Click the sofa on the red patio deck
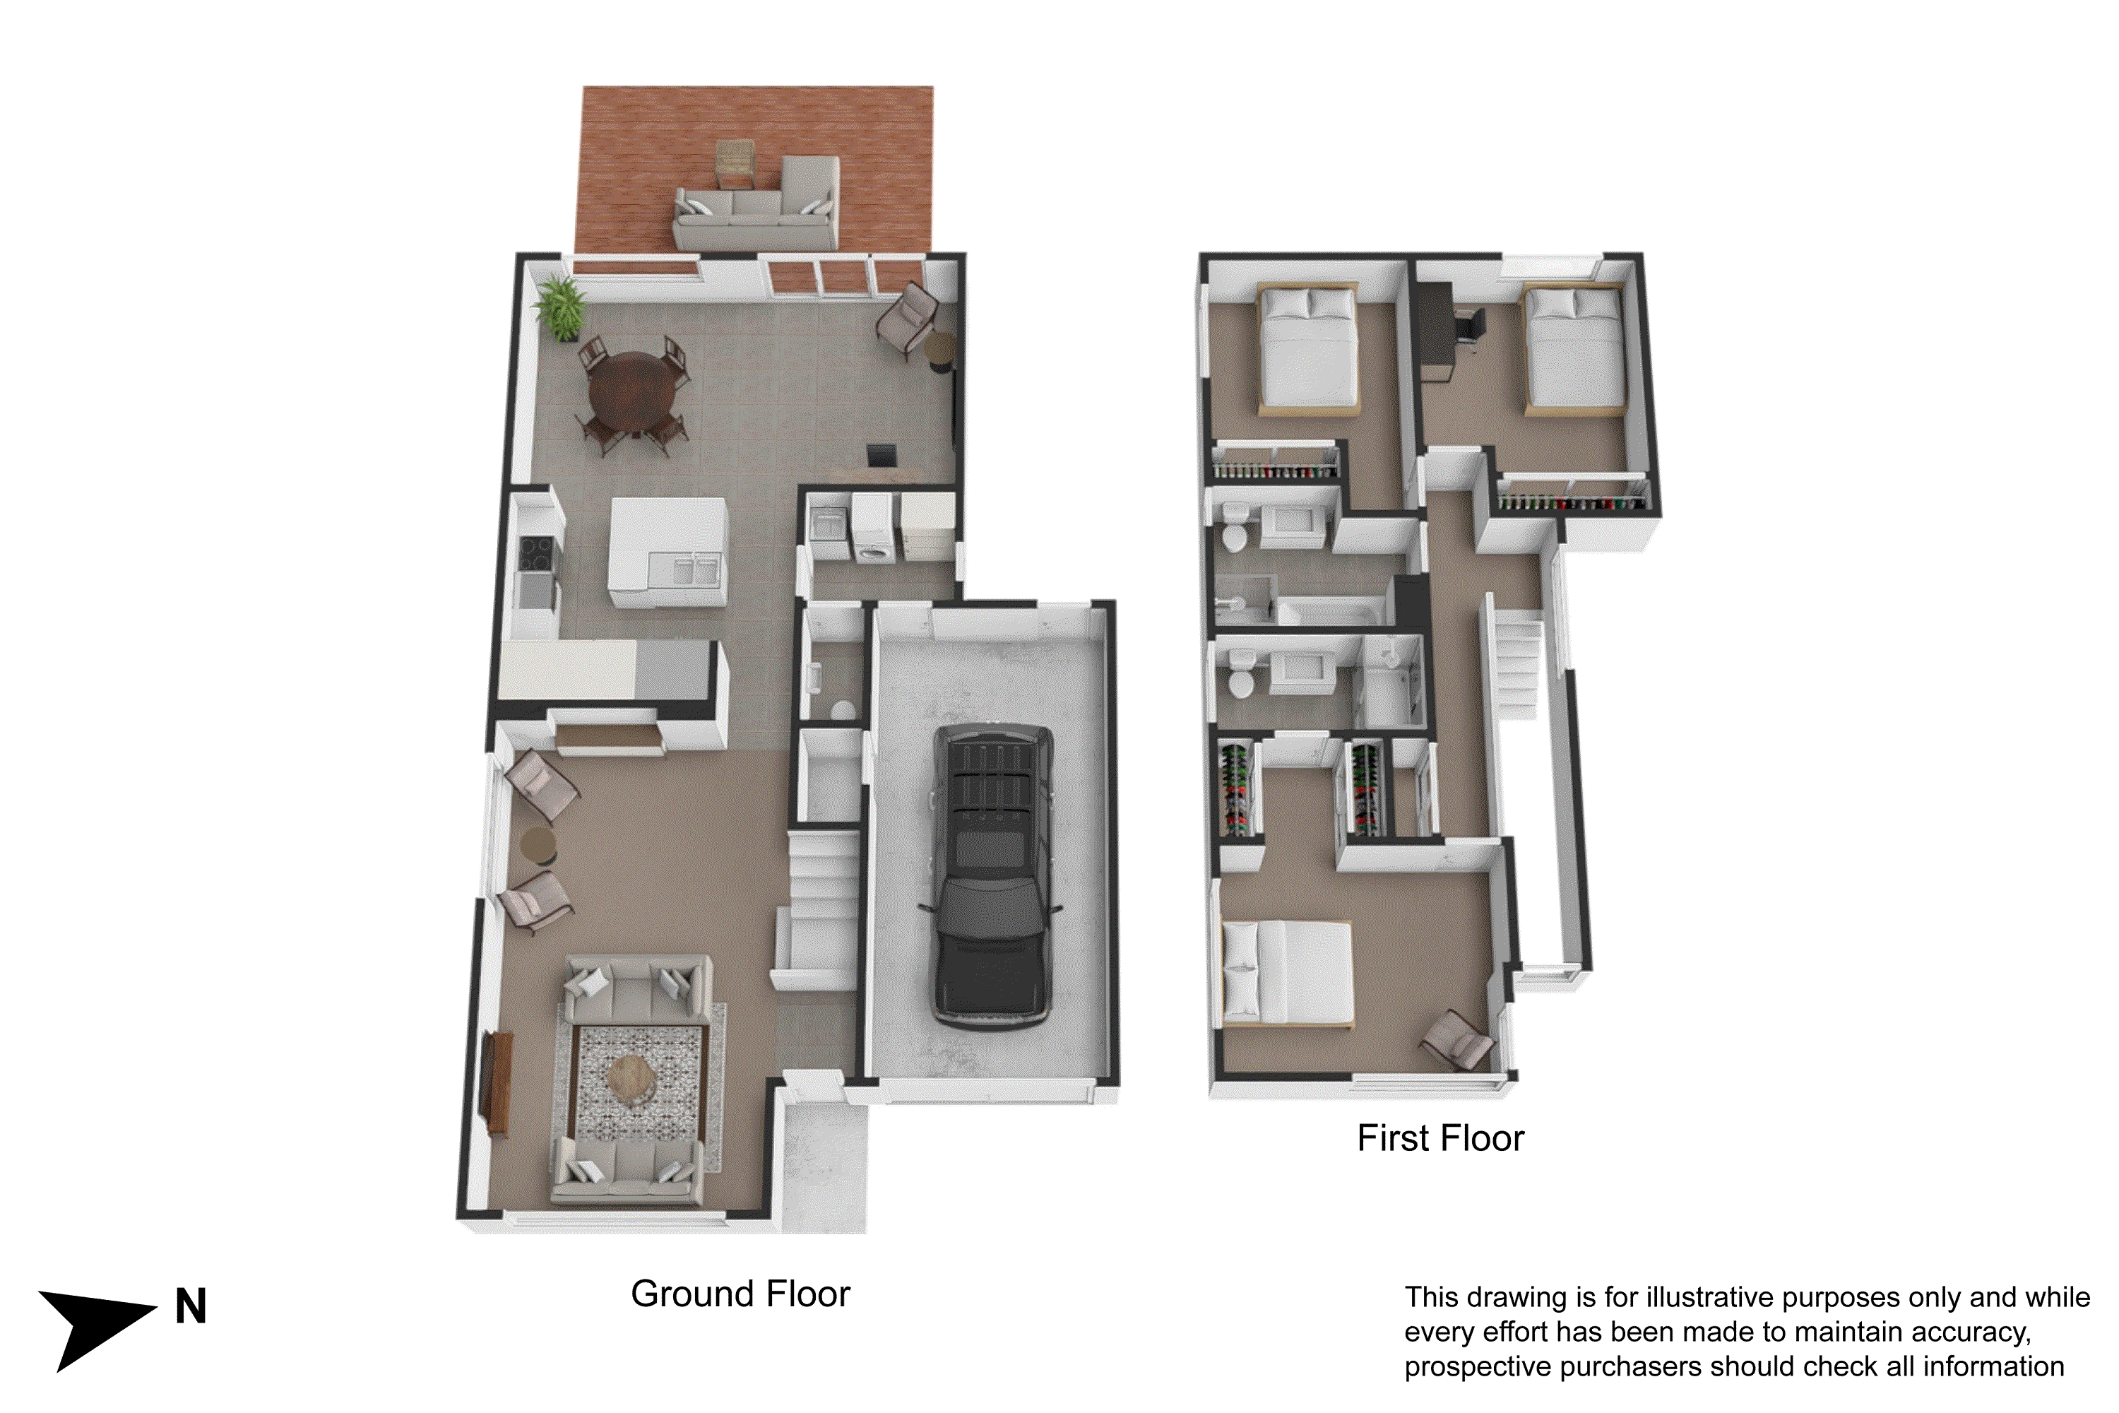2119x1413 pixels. pyautogui.click(x=755, y=213)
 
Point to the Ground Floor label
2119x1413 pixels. pyautogui.click(x=740, y=1294)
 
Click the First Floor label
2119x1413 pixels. pyautogui.click(x=1440, y=1138)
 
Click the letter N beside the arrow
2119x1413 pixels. pyautogui.click(x=190, y=1306)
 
